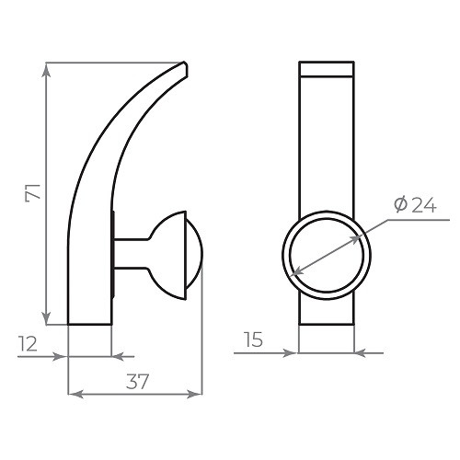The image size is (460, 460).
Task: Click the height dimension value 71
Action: (x=32, y=193)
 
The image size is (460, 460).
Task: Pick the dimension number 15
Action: (x=255, y=339)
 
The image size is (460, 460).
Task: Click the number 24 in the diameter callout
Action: (x=423, y=205)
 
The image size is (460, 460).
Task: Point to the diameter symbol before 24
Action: (x=400, y=205)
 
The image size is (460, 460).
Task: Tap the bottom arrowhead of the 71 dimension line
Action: (x=45, y=318)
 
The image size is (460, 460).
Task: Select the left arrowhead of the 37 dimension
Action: (x=75, y=395)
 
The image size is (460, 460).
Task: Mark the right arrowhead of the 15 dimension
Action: (x=360, y=352)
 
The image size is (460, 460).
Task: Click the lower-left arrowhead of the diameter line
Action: (x=293, y=272)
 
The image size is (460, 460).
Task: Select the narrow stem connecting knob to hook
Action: (x=132, y=256)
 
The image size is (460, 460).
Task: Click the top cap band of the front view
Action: (x=327, y=67)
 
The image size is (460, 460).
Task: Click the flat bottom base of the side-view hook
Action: (x=90, y=323)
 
